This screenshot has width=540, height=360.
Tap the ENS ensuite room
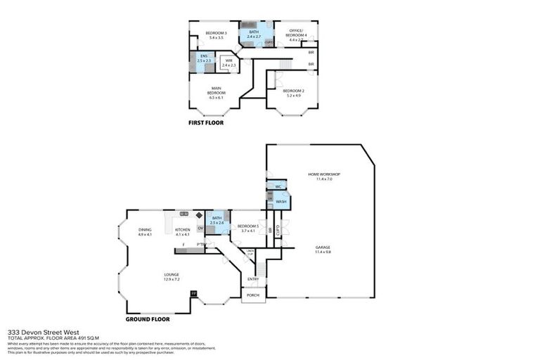tap(204, 60)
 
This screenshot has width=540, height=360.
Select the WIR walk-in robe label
tap(229, 63)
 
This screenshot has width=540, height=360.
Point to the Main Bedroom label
tap(216, 92)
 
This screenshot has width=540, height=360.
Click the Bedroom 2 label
tap(293, 93)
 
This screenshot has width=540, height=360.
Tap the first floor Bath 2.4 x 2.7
tap(250, 35)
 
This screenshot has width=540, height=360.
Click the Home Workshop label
tap(324, 176)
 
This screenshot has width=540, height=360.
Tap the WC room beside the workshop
tap(278, 187)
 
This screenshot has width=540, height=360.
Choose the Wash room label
tap(281, 202)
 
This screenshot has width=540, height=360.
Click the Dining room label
tap(145, 232)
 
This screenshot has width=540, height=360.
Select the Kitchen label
tap(183, 232)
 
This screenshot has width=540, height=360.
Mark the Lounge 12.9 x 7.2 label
tap(172, 276)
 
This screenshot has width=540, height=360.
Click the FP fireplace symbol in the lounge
tap(193, 292)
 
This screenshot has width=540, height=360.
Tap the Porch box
tap(253, 295)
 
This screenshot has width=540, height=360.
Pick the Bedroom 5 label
tap(247, 229)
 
